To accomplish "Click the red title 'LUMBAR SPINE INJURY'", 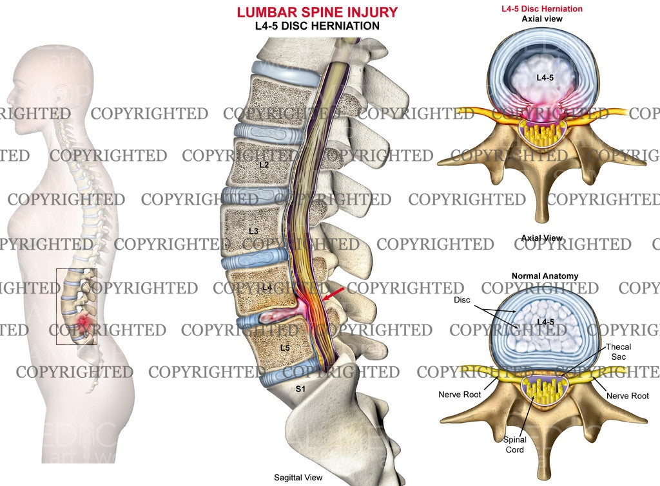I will coord(316,12).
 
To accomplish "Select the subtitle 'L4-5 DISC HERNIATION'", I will coord(316,26).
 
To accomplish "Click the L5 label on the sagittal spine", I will coord(285,348).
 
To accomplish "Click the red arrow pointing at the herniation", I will coord(333,296).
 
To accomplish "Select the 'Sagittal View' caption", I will coord(297,478).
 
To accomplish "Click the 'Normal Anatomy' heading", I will coord(545,276).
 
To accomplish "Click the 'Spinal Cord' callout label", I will coord(515,444).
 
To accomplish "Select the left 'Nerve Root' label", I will coord(460,395).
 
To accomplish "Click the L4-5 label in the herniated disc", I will coord(546,77).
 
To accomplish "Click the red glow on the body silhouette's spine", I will coord(82,320).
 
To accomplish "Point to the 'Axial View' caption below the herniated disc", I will coord(541,239).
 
